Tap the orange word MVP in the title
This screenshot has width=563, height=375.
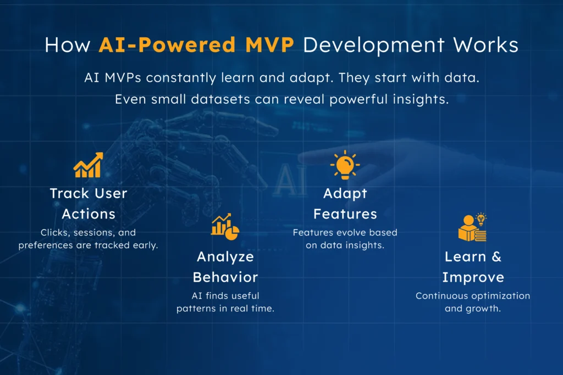pyautogui.click(x=273, y=45)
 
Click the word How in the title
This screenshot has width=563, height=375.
pyautogui.click(x=67, y=45)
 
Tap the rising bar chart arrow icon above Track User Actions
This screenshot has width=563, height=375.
pyautogui.click(x=88, y=165)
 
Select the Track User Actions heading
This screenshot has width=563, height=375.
pyautogui.click(x=88, y=203)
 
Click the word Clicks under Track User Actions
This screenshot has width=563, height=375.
pyautogui.click(x=53, y=233)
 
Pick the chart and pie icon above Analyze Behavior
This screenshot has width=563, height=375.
pyautogui.click(x=225, y=227)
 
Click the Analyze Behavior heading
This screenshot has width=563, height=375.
pyautogui.click(x=225, y=266)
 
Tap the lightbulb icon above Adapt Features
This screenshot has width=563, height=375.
pyautogui.click(x=345, y=165)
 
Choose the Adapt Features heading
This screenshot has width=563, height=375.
pyautogui.click(x=345, y=203)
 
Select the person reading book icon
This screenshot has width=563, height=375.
pyautogui.click(x=472, y=228)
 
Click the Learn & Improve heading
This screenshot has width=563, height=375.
pyautogui.click(x=473, y=266)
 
